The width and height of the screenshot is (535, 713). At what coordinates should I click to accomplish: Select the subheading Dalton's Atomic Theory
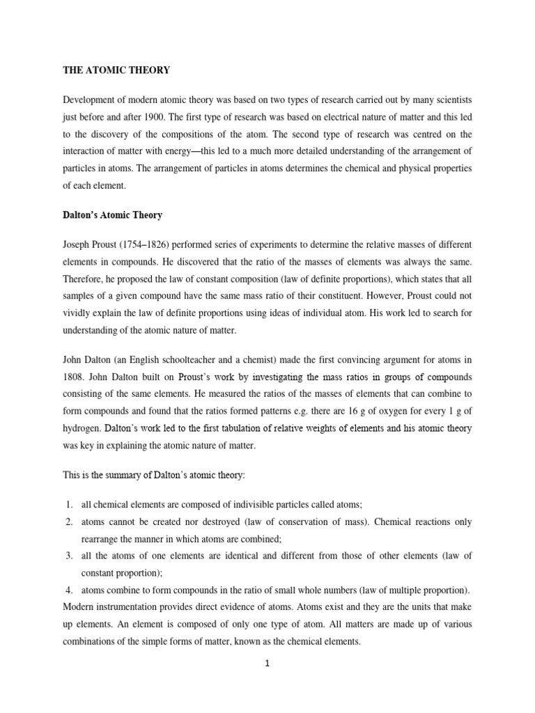[112, 215]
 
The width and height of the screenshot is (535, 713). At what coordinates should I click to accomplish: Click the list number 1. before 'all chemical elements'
[70, 503]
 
